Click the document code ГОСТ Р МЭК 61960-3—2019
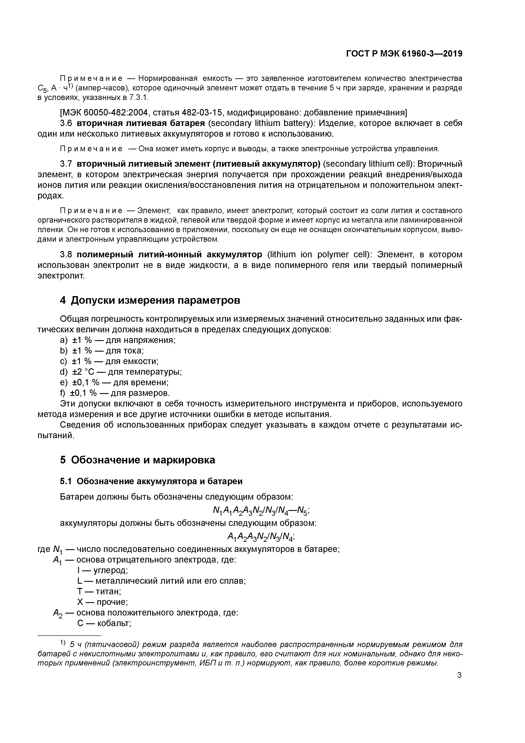[x=404, y=54]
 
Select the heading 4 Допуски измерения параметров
[x=150, y=300]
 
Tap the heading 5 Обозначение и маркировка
[x=137, y=460]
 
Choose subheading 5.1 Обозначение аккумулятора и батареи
[x=151, y=481]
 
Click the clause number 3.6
[x=66, y=123]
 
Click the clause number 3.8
[x=66, y=255]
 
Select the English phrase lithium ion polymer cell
[x=319, y=255]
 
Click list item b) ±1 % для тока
[x=102, y=351]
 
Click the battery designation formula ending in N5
[x=261, y=511]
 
